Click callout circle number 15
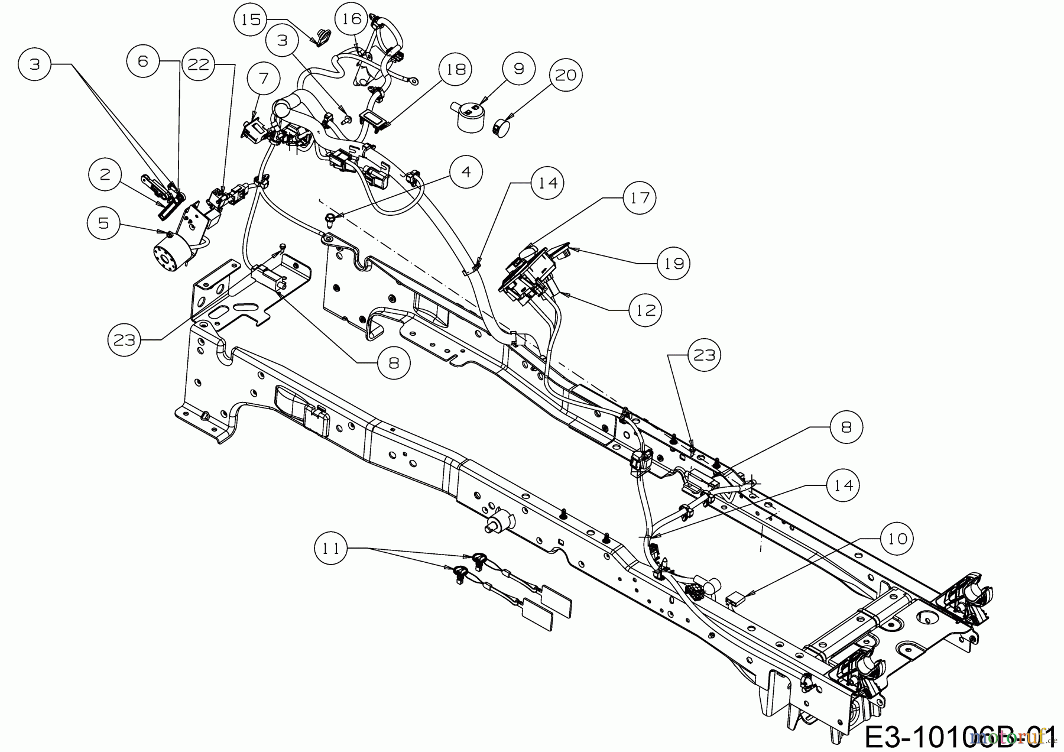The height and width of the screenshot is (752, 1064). pyautogui.click(x=251, y=20)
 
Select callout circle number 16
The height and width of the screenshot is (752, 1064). pyautogui.click(x=352, y=19)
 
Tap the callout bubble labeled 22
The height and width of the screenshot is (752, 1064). pyautogui.click(x=199, y=64)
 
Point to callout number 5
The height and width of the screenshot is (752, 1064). pyautogui.click(x=104, y=223)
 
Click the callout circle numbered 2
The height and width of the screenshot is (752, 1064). pyautogui.click(x=105, y=174)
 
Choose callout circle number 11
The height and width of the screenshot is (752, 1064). pyautogui.click(x=331, y=549)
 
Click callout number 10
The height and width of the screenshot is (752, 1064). pyautogui.click(x=897, y=538)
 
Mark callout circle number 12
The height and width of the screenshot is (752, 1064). pyautogui.click(x=645, y=309)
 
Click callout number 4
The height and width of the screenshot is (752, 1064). pyautogui.click(x=466, y=172)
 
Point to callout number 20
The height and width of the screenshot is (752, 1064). pyautogui.click(x=566, y=75)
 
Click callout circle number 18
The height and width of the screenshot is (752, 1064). pyautogui.click(x=456, y=69)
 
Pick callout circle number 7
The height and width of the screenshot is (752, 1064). pyautogui.click(x=263, y=78)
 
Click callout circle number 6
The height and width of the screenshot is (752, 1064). pyautogui.click(x=143, y=61)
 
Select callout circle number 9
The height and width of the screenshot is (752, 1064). pyautogui.click(x=518, y=69)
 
